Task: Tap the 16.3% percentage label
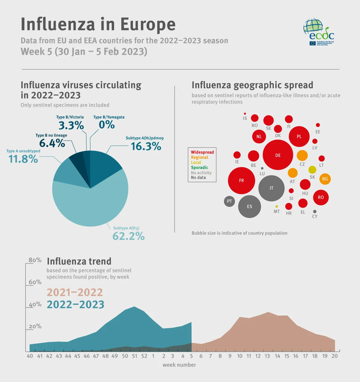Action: tap(146, 146)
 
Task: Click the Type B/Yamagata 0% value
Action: tap(107, 125)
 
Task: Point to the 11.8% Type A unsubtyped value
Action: tap(23, 159)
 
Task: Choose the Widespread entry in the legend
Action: tap(202, 152)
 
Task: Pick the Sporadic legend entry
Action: tap(199, 168)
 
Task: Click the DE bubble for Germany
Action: tap(278, 155)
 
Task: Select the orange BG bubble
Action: tap(325, 179)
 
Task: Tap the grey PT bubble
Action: tap(229, 201)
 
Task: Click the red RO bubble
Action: tap(321, 197)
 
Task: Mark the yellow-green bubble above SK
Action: tap(312, 170)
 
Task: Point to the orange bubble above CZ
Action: tap(302, 155)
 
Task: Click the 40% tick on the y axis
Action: tap(35, 304)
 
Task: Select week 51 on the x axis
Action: tap(134, 356)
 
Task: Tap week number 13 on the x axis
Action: tap(267, 356)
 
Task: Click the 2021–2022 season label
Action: tap(75, 292)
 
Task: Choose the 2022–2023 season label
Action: tap(76, 305)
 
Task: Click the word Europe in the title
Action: tap(148, 24)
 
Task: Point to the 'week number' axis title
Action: tap(179, 365)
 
